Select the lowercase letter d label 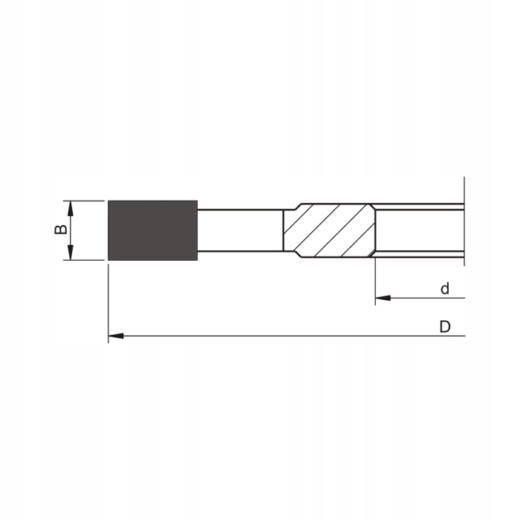tap(444, 289)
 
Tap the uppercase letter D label tap(444, 327)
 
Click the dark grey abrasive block tap(152, 230)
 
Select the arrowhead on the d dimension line tap(383, 299)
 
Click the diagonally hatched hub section tap(329, 230)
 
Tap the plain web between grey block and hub tap(240, 230)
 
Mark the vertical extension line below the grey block tap(108, 297)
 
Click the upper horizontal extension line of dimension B tap(83, 201)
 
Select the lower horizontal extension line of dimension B tap(83, 260)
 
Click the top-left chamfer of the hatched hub tap(291, 207)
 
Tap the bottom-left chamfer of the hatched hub tap(291, 254)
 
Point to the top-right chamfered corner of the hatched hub tap(371, 207)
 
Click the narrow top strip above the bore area tap(419, 207)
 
